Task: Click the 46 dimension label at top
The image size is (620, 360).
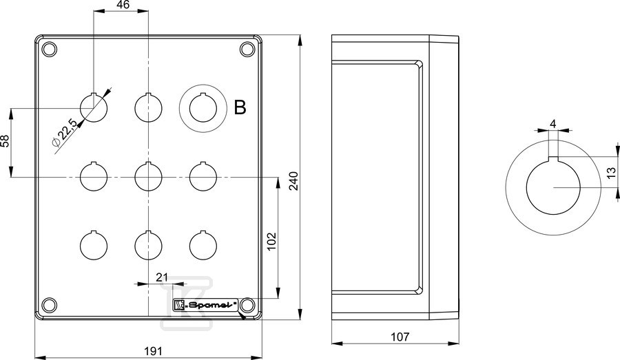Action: pos(124,5)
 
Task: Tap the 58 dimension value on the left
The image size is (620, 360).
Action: pos(5,141)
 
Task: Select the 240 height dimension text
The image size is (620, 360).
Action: pos(294,181)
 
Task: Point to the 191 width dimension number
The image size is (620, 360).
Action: pos(153,350)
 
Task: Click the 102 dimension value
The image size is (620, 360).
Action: pos(271,242)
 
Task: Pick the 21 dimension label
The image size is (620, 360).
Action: pos(162,277)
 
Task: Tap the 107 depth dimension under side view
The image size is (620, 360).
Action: pos(400,337)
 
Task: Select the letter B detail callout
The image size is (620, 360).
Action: pos(240,107)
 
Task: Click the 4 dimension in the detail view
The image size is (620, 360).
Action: pos(552,124)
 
